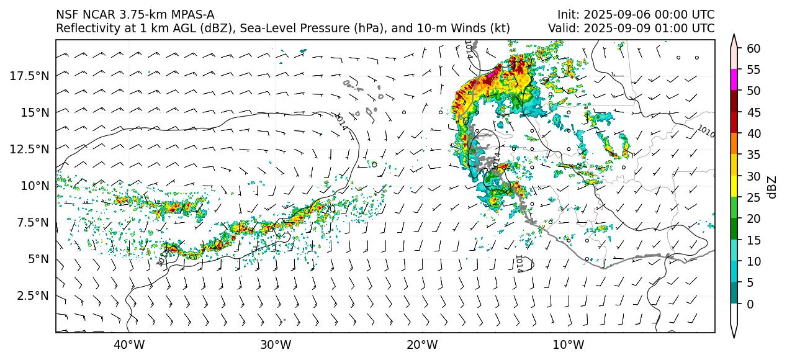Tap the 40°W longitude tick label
129,344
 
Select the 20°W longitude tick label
422,344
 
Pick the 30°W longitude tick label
276,344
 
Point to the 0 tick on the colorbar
750,304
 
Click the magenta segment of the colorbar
734,80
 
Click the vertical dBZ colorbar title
772,186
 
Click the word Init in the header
567,14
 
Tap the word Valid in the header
561,28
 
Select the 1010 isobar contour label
705,131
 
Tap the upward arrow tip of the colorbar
734,36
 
